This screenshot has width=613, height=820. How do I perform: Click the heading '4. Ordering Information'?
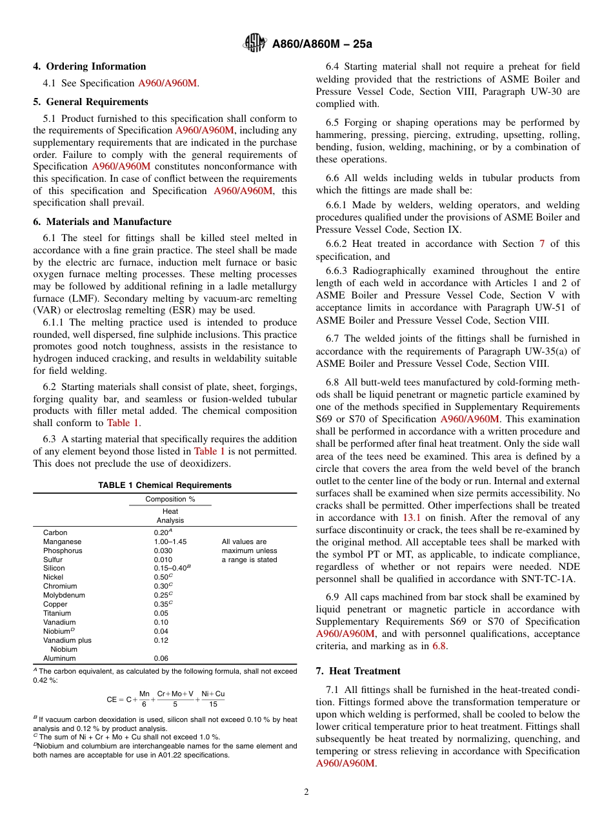click(90, 66)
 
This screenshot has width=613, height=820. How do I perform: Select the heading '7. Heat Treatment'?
click(358, 671)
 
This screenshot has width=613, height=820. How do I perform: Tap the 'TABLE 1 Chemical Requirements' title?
click(165, 485)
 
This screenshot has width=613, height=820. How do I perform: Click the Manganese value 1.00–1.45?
click(170, 542)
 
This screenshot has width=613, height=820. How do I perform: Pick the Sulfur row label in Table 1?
click(54, 560)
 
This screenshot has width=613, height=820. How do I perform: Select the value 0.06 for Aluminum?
click(161, 659)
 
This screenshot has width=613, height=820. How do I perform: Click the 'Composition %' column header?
click(170, 500)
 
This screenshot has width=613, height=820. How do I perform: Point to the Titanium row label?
click(57, 614)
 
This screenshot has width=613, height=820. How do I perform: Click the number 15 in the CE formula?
click(213, 705)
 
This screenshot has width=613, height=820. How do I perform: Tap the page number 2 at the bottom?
click(306, 792)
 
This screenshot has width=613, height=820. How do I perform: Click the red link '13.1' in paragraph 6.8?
click(411, 518)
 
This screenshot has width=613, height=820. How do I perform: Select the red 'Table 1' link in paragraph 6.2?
click(123, 424)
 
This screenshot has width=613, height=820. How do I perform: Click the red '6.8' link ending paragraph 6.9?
click(439, 647)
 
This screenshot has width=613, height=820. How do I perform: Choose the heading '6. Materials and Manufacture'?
click(103, 222)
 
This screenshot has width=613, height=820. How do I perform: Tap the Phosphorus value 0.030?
click(163, 551)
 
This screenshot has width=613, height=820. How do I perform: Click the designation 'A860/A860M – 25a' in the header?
click(322, 44)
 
